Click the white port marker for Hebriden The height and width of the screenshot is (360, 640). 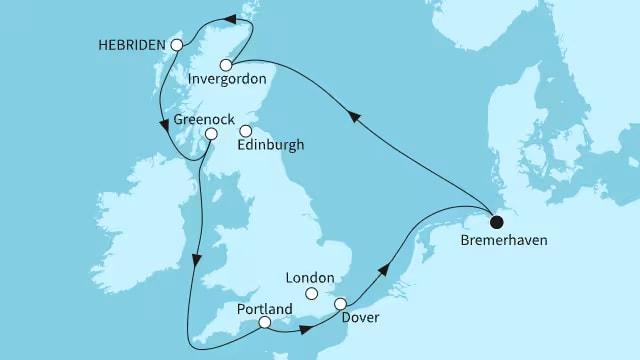point(177,45)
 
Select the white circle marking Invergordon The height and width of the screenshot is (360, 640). point(226,65)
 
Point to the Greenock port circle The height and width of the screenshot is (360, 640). point(211,133)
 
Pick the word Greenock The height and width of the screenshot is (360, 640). point(204,117)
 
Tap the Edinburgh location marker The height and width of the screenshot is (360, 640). point(246,130)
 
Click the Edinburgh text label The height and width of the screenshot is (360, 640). point(272,146)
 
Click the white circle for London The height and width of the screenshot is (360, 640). point(311,293)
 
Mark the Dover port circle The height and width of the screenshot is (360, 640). point(341,304)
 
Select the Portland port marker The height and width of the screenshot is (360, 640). point(264,322)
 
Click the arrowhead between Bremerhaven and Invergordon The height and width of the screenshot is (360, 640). point(356,117)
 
